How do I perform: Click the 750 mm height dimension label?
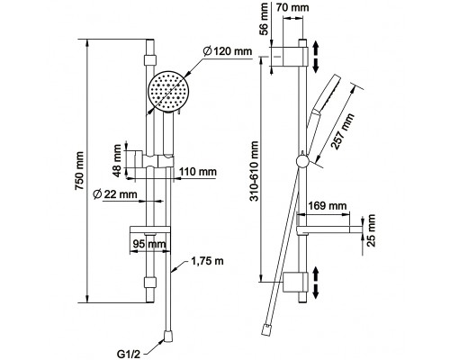pos(79,171)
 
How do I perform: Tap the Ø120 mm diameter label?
pos(227,51)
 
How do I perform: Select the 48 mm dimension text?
pos(118,160)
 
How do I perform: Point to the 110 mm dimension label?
pos(198,172)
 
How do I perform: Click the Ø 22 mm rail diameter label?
pos(115,194)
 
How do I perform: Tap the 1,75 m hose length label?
pos(207,261)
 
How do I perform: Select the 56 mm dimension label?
pos(264,19)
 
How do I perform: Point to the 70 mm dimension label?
pos(292,7)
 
